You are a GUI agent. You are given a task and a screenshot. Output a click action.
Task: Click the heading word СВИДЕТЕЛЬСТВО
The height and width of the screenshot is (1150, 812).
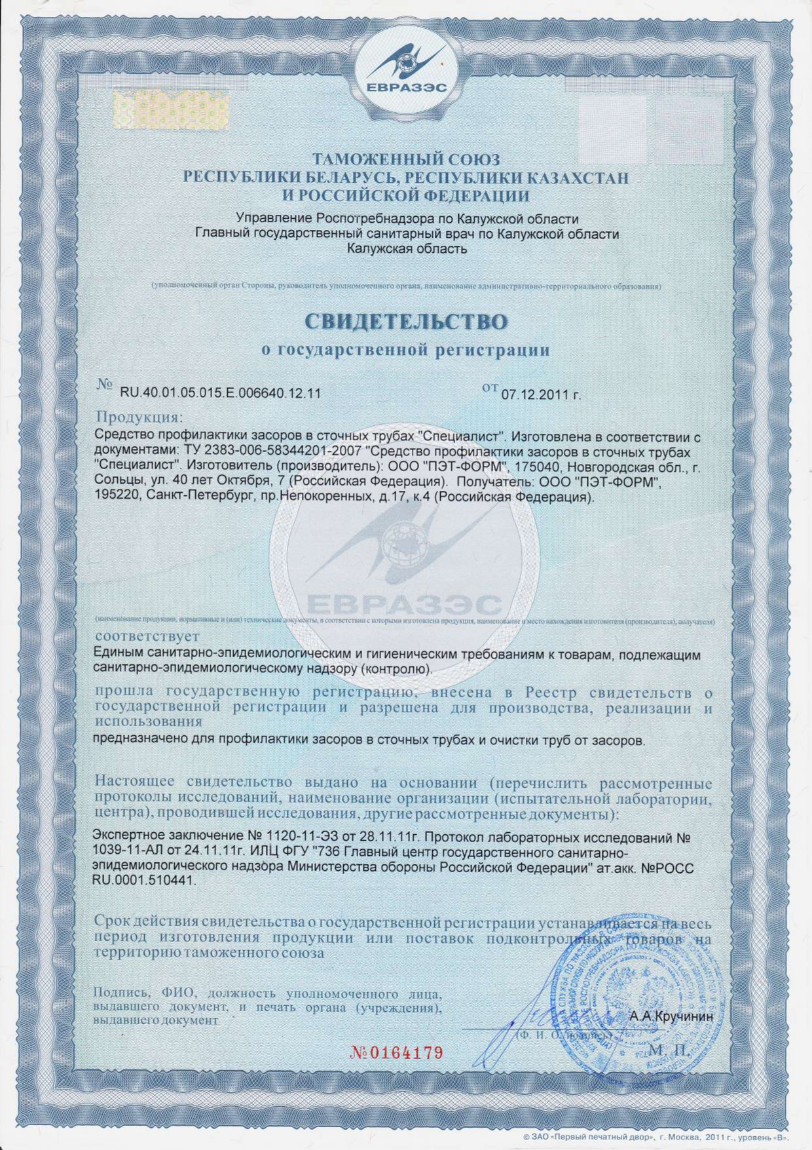coord(406,322)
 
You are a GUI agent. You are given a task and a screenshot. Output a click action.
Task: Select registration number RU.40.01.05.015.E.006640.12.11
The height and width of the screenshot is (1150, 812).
coord(211,393)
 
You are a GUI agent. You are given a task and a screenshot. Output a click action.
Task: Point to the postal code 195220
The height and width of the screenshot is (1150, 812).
coord(119,497)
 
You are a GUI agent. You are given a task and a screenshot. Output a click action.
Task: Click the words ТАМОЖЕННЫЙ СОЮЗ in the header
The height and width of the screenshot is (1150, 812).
coord(406,159)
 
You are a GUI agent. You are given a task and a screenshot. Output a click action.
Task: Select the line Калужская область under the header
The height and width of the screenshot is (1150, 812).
coord(407,248)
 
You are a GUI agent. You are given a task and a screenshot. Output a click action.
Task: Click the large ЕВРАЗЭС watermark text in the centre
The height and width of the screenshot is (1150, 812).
coord(405,604)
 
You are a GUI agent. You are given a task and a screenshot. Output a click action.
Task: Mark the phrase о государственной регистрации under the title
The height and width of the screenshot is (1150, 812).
coord(406,350)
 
